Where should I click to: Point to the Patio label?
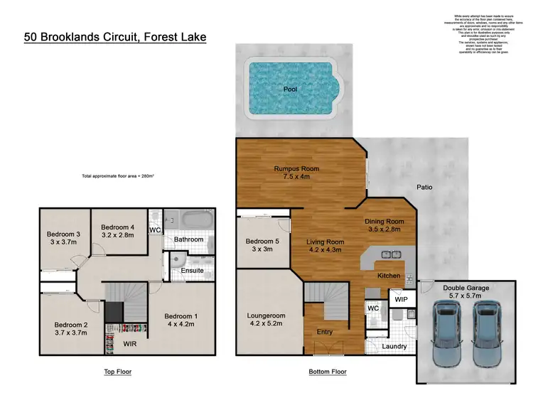point(424,188)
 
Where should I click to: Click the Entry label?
point(325,332)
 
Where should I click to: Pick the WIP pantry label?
point(401,300)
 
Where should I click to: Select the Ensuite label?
point(192,270)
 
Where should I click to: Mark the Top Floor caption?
point(117,372)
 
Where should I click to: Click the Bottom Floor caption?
point(328,372)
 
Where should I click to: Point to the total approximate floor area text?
point(119,175)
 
